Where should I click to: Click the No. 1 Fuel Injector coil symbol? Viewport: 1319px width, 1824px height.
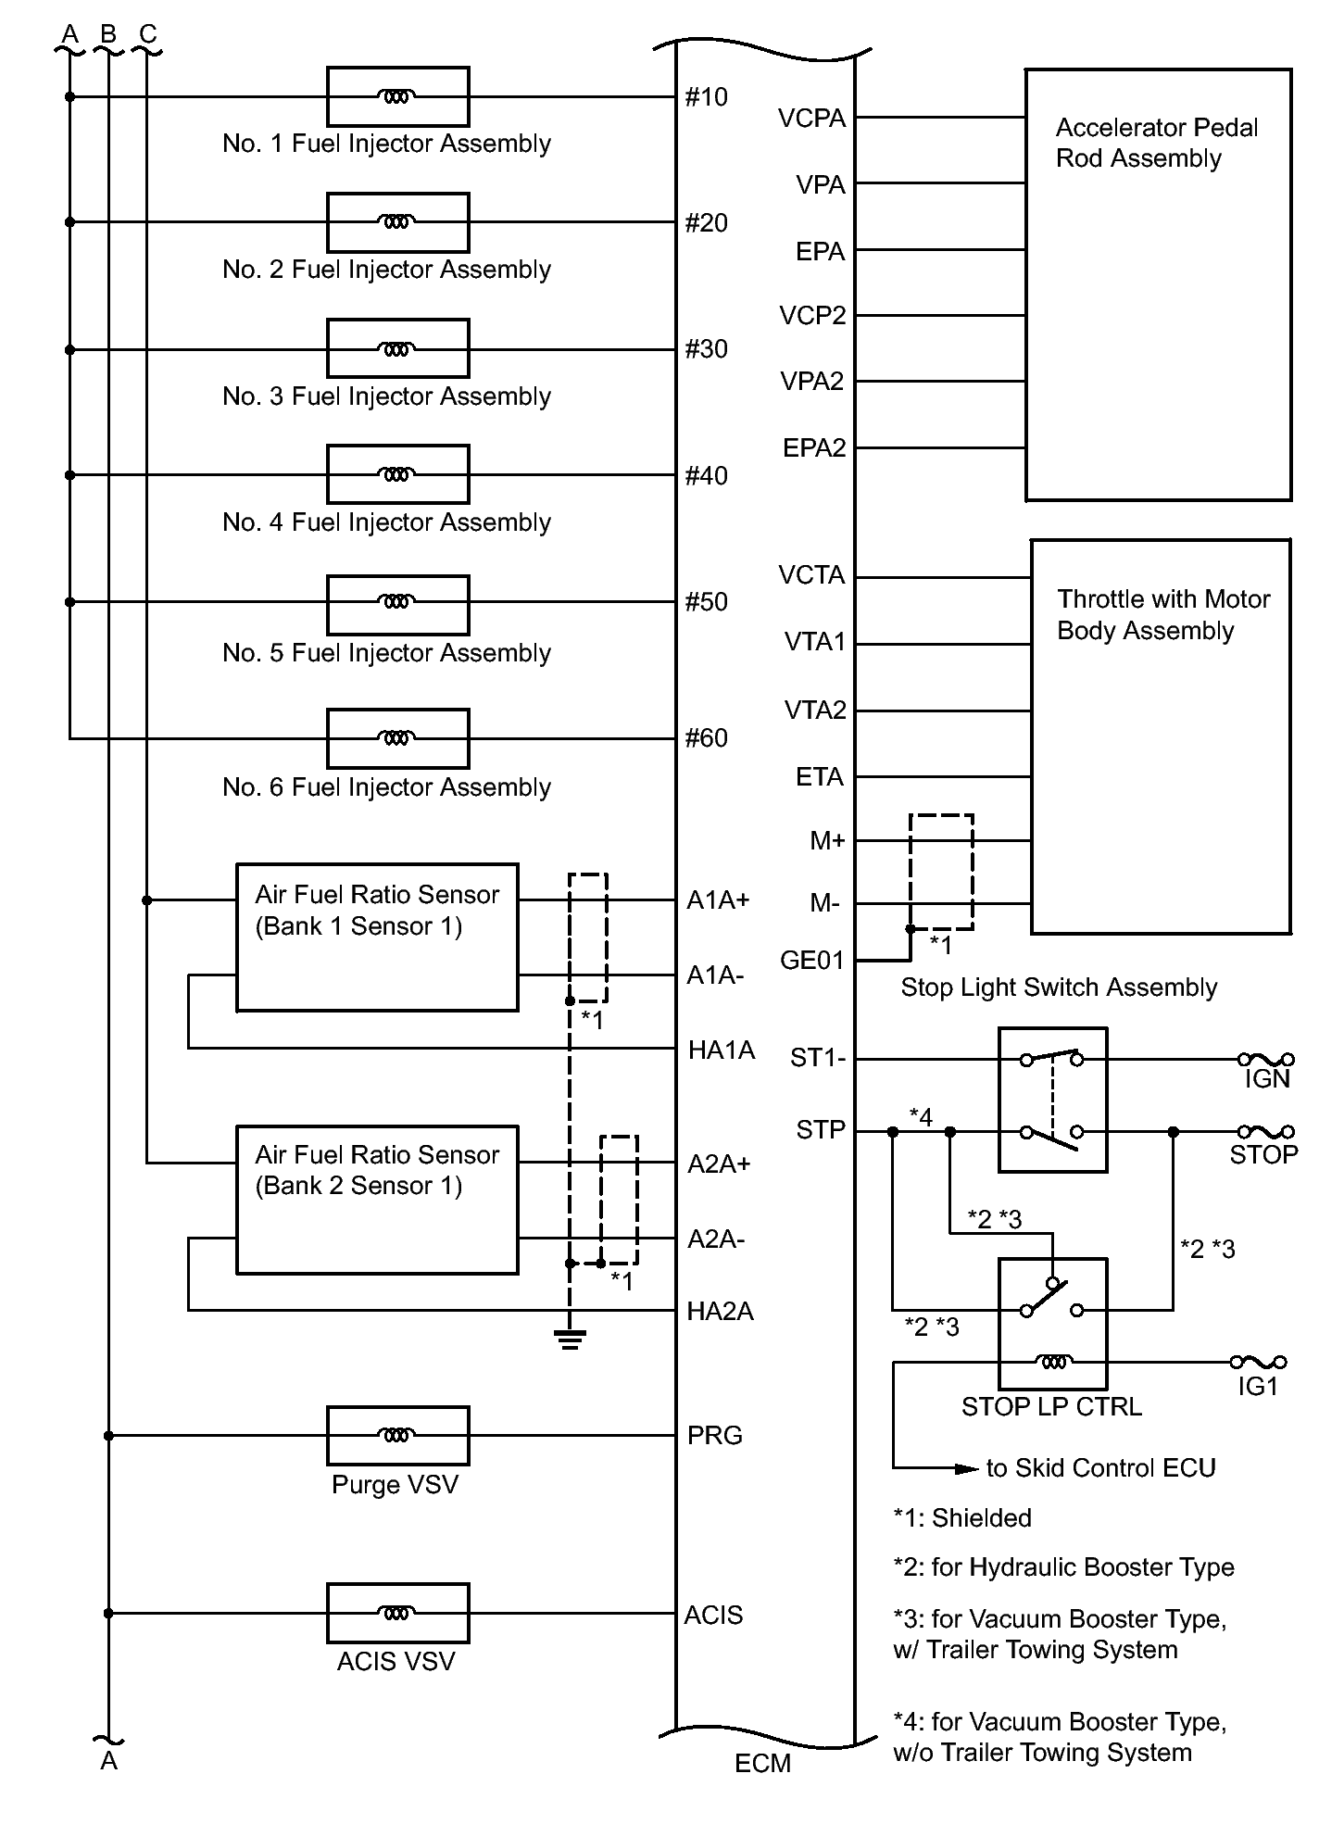(397, 96)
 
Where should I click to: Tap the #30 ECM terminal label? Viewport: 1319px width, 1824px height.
(706, 349)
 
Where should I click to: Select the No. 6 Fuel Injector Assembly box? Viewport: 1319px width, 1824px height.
(397, 738)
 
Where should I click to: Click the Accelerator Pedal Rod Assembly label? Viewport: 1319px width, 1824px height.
(1156, 143)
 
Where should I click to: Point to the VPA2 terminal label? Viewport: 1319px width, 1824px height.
(811, 382)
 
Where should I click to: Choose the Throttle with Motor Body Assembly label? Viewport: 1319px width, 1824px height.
(1162, 614)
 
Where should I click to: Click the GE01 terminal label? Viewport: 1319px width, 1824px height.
(812, 961)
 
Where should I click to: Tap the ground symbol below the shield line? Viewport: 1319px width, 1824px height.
(570, 1339)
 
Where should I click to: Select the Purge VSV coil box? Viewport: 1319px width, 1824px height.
(397, 1435)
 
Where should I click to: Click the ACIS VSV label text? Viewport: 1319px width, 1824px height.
(396, 1662)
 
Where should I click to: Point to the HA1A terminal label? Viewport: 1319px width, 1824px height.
(722, 1050)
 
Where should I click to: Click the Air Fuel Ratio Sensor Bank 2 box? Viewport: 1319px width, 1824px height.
(377, 1200)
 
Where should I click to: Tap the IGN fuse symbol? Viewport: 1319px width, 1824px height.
(1265, 1059)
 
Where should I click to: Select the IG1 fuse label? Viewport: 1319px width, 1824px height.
(1258, 1386)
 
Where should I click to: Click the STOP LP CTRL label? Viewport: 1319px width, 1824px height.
(1051, 1407)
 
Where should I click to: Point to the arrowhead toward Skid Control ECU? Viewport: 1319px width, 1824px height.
(968, 1468)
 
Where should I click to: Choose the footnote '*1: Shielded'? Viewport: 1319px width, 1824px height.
(961, 1518)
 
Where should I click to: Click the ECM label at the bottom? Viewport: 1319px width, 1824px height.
(762, 1763)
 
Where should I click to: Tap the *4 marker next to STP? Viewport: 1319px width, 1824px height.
(921, 1117)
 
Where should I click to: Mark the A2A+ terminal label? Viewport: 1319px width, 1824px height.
(719, 1164)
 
